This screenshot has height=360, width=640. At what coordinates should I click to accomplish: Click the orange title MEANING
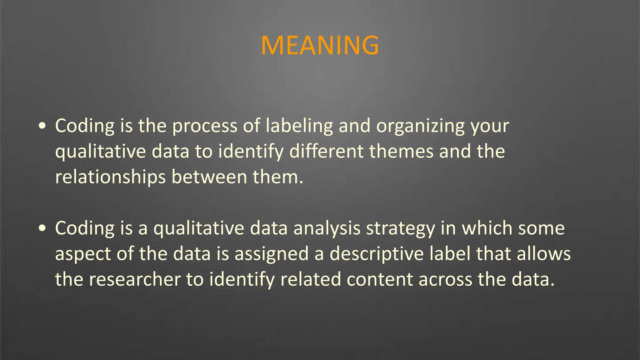320,46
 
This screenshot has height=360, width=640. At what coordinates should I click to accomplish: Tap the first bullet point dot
42,126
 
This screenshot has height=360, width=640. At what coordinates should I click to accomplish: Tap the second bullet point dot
42,228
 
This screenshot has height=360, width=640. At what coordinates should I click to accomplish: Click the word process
205,126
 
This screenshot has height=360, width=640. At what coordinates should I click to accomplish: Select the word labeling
299,126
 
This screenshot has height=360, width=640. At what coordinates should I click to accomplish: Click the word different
326,152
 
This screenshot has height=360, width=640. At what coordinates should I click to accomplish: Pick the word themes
401,152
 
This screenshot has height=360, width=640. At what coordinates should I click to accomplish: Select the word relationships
110,177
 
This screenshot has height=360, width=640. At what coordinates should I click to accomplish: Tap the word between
209,177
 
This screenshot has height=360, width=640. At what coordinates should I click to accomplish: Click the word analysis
327,228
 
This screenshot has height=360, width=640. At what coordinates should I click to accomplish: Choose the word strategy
401,228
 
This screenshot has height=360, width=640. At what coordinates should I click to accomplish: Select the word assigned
272,254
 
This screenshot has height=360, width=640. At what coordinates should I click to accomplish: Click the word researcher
135,280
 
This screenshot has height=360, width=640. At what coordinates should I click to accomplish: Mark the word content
380,280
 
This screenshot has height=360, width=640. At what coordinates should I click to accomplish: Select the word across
445,280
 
